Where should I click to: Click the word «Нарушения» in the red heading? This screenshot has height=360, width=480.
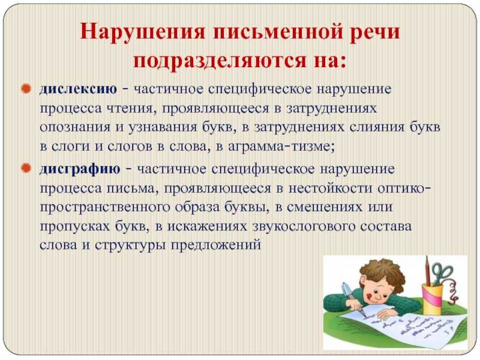142,32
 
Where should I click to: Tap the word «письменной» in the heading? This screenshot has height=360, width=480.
277,32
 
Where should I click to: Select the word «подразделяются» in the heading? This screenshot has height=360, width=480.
220,60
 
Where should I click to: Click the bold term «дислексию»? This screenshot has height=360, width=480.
79,89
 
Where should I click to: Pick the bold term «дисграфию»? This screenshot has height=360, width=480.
80,169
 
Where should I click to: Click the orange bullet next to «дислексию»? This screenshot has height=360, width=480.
26,89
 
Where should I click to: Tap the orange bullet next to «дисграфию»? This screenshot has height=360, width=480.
26,168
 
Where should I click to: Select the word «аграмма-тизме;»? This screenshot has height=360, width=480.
281,147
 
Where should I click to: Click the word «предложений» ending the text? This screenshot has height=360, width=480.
216,245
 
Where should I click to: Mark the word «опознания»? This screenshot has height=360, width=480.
75,127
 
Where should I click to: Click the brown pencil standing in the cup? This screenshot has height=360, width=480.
428,272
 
